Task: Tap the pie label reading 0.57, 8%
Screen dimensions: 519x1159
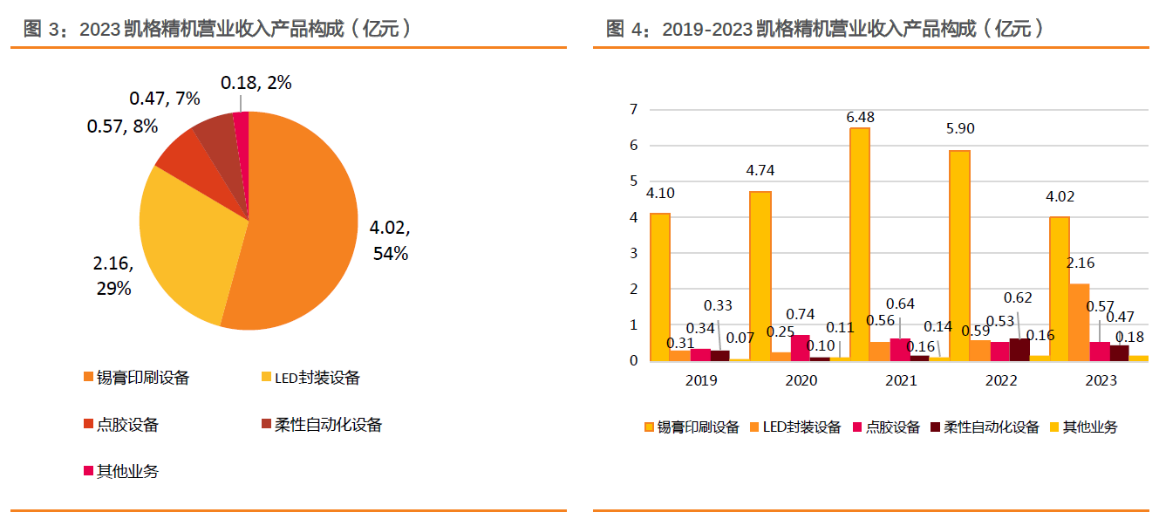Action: (x=122, y=126)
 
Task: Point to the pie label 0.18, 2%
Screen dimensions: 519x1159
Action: (x=256, y=83)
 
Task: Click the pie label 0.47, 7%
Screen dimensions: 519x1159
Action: (x=165, y=99)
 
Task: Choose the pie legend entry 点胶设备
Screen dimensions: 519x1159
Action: (x=121, y=425)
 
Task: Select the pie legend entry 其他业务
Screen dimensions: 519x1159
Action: (x=121, y=471)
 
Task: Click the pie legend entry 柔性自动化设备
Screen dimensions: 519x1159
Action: (x=322, y=425)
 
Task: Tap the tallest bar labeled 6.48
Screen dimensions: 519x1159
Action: (x=860, y=244)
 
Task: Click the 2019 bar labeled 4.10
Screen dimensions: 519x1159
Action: (x=660, y=287)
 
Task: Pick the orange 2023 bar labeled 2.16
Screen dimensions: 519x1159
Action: (x=1080, y=322)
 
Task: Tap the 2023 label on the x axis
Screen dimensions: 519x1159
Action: (x=1101, y=380)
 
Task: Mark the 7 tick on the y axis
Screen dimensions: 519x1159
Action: (x=634, y=109)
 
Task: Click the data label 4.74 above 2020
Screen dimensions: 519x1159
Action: (x=760, y=170)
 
